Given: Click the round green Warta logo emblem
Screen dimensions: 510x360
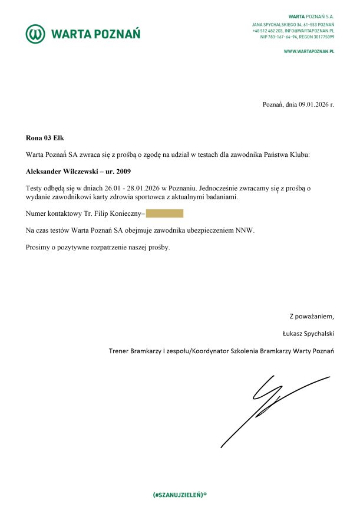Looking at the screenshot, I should pyautogui.click(x=35, y=34).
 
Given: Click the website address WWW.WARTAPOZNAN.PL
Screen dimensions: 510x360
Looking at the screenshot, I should pyautogui.click(x=309, y=52).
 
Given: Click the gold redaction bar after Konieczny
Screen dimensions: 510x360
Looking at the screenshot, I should pyautogui.click(x=164, y=213).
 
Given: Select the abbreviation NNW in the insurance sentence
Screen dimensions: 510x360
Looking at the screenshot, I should pyautogui.click(x=245, y=231).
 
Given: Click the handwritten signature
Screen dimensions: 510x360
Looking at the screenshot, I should pyautogui.click(x=271, y=407).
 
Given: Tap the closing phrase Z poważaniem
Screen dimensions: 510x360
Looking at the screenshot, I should pyautogui.click(x=311, y=316).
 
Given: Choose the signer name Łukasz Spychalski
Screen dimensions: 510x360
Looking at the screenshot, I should pyautogui.click(x=308, y=333).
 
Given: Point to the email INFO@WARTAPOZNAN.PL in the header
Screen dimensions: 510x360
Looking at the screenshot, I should pyautogui.click(x=310, y=30).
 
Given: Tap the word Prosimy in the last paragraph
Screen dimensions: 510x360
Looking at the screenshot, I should pyautogui.click(x=38, y=247).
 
